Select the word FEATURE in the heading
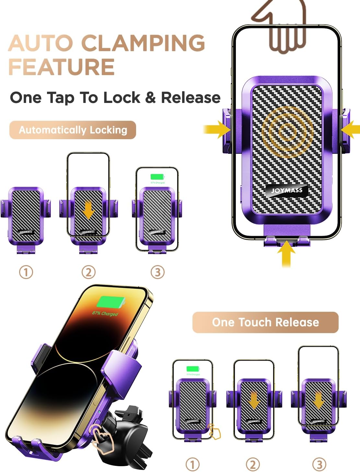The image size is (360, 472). [x=62, y=67]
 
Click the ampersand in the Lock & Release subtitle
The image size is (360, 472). [x=150, y=97]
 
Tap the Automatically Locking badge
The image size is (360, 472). [x=73, y=130]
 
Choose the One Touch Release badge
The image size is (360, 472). [x=265, y=322]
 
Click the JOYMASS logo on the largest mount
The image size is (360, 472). [x=286, y=190]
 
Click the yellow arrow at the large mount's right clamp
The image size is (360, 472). [x=351, y=130]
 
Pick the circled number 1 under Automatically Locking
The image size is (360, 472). [x=26, y=272]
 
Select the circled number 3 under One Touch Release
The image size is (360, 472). [x=319, y=465]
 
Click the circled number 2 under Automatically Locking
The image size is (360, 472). [x=88, y=272]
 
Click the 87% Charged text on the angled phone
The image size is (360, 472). [x=105, y=313]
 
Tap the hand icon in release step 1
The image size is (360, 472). [x=215, y=431]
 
